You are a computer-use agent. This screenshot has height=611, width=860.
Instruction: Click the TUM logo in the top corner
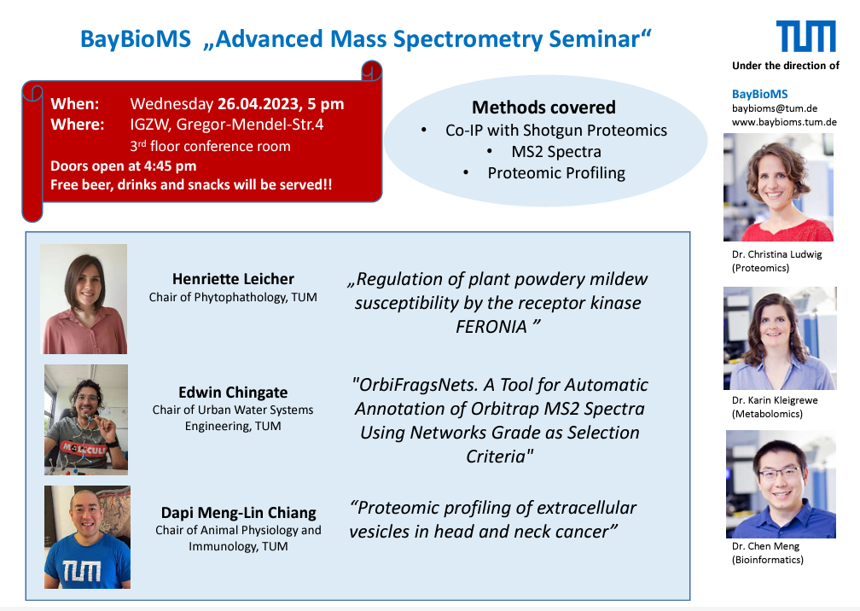tap(805, 36)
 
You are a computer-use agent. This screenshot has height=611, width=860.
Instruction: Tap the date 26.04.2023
tap(259, 103)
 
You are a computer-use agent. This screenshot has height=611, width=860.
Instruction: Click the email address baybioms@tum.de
tap(775, 108)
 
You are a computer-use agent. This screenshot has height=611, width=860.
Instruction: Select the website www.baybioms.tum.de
tap(784, 122)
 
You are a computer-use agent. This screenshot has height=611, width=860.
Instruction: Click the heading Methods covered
tap(543, 107)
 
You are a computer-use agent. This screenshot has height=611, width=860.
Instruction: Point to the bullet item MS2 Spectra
tap(556, 151)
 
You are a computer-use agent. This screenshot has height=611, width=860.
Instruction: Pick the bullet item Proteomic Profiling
tap(556, 172)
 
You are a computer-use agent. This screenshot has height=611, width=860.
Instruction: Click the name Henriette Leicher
tap(233, 279)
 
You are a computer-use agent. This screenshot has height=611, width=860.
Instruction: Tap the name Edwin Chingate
tap(233, 393)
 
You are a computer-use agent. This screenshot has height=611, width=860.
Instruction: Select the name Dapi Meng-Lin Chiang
tap(239, 512)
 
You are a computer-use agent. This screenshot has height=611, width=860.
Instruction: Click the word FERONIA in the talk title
tap(491, 327)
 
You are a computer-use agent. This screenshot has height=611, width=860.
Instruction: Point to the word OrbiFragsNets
tap(418, 385)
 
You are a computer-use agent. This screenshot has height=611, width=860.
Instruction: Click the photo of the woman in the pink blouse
tap(84, 299)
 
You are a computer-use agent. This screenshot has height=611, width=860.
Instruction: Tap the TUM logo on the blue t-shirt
tap(81, 570)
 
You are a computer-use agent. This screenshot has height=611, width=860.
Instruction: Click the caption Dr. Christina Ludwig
tap(776, 254)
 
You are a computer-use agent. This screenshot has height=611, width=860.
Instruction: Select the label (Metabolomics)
tap(767, 414)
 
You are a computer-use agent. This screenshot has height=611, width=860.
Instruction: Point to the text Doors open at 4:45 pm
tap(124, 166)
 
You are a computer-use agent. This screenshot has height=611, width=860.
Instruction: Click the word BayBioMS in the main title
tap(136, 39)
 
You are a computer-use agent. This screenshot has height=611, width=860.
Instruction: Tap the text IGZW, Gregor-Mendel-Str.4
tap(227, 125)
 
